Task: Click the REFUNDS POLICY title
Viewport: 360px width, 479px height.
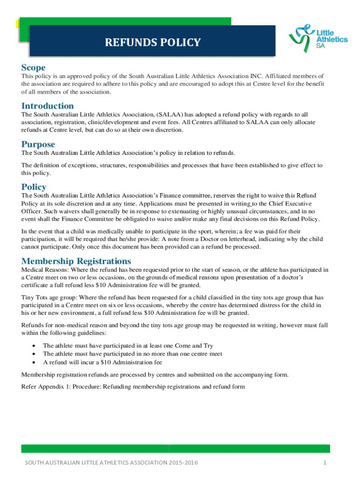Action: tap(153, 43)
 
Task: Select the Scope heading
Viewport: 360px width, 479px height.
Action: tap(34, 68)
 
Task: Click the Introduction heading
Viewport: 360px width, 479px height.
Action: tap(48, 106)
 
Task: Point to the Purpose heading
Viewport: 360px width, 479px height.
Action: tap(38, 144)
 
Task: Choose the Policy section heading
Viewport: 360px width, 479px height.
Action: tap(34, 187)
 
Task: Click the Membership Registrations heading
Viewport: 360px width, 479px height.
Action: tap(76, 261)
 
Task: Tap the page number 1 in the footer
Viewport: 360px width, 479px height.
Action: tap(324, 463)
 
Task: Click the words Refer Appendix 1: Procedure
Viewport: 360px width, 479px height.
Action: tap(61, 386)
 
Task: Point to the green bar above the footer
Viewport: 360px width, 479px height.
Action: tap(175, 449)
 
